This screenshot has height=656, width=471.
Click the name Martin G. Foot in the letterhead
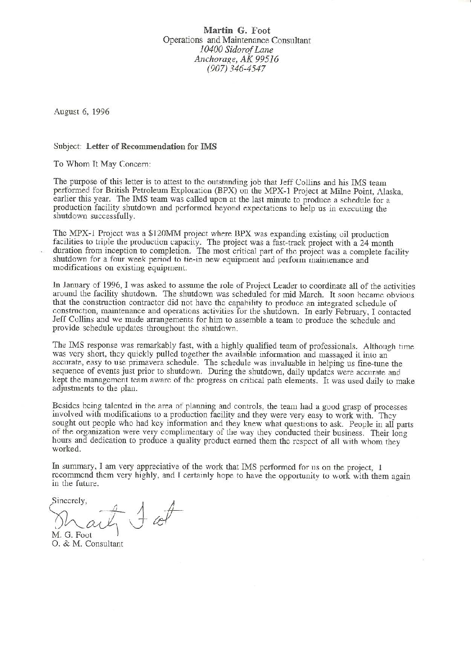pyautogui.click(x=237, y=30)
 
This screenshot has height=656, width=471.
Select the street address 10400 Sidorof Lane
pyautogui.click(x=237, y=49)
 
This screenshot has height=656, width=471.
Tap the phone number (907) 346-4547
pyautogui.click(x=237, y=68)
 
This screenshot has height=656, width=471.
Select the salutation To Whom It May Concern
pyautogui.click(x=102, y=164)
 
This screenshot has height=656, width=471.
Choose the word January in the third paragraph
pyautogui.click(x=73, y=286)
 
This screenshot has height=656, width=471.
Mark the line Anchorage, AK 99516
pyautogui.click(x=237, y=59)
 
